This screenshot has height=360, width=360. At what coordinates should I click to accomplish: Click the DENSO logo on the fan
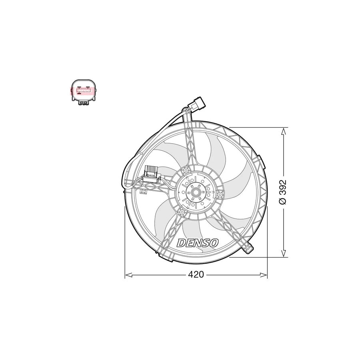(x=198, y=243)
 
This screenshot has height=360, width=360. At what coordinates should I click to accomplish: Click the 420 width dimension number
(x=196, y=275)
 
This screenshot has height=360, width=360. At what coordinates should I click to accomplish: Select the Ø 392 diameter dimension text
(x=283, y=192)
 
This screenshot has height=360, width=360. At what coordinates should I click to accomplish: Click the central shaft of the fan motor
(x=196, y=193)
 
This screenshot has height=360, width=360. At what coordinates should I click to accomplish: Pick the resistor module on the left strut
(x=152, y=174)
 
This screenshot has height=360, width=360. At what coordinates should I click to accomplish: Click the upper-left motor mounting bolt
(x=185, y=171)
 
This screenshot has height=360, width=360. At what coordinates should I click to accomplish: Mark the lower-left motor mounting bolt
(x=182, y=211)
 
